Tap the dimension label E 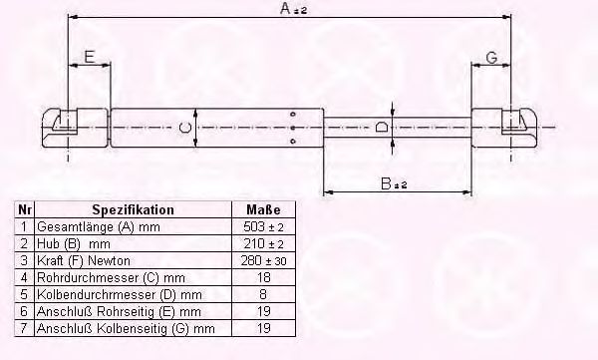(90, 57)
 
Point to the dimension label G (492, 58)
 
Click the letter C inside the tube (185, 127)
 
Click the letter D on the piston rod (381, 127)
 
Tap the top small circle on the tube (293, 114)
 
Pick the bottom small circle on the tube (293, 142)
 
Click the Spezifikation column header (134, 209)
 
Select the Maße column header (263, 209)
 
